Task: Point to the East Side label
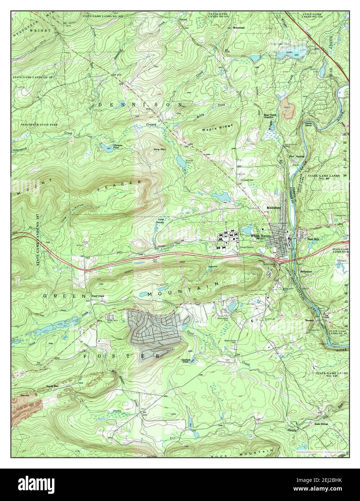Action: [x=313, y=239]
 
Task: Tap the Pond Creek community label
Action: [x=98, y=295]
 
